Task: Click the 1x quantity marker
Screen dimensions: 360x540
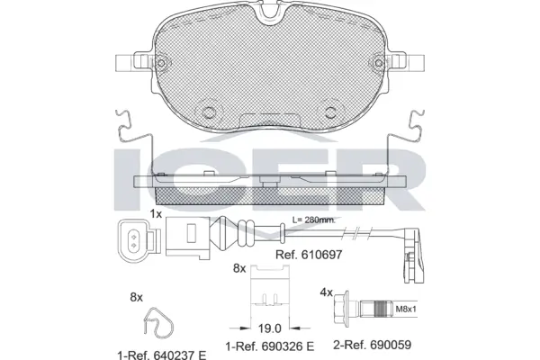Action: coord(156,213)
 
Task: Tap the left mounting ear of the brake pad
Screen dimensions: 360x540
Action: coord(131,63)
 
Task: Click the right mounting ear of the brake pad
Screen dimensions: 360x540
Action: coord(410,63)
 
